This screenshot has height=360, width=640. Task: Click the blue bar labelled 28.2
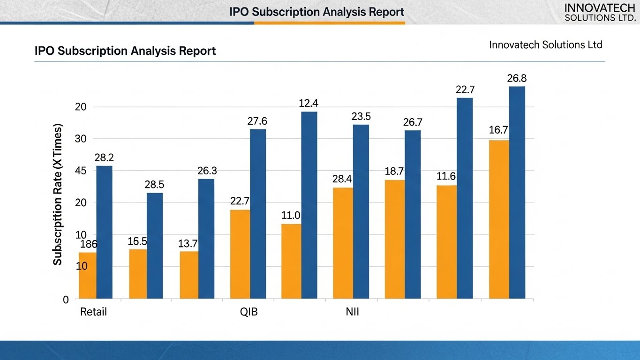(104, 232)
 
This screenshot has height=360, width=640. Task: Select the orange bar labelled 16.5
(138, 274)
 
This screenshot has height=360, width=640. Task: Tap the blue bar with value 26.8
(517, 193)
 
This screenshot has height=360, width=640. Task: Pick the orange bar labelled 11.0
(292, 262)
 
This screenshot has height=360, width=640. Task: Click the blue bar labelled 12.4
(309, 205)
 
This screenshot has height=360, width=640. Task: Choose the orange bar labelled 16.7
(499, 219)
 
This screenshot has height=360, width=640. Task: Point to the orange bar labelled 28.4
(343, 243)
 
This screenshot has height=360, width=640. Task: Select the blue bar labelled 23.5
(361, 212)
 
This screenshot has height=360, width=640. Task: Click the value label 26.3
(207, 171)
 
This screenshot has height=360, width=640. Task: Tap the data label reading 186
(89, 244)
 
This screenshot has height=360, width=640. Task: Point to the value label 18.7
(394, 172)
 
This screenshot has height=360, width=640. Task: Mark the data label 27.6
(257, 121)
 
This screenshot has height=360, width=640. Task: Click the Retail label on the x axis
(93, 312)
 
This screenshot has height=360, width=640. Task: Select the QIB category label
(249, 312)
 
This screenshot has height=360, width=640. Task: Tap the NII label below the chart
(352, 312)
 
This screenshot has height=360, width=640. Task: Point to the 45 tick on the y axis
(80, 171)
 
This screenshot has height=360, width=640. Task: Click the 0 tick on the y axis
(66, 300)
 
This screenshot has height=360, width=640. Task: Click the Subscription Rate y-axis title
(57, 194)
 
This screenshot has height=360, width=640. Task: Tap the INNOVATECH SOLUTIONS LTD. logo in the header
(600, 13)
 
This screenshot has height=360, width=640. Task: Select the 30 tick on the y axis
(80, 139)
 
